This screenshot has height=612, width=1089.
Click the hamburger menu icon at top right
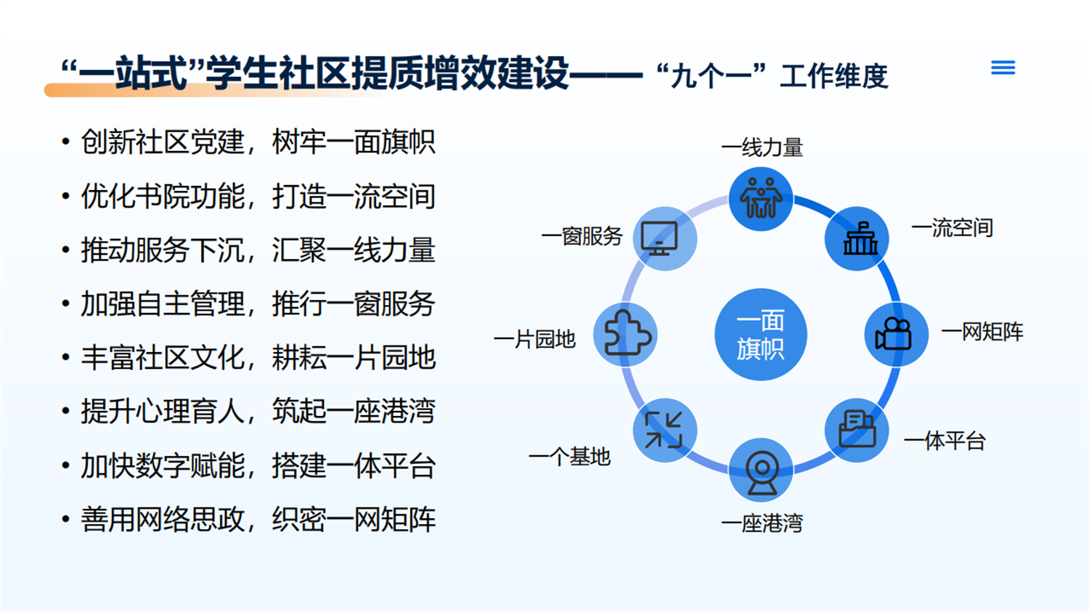[1003, 68]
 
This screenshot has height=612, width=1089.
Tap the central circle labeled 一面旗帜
[760, 335]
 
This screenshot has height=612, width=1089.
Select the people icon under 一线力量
[760, 198]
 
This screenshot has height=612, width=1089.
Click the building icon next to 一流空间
[857, 239]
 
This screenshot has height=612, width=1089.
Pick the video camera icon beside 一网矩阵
[895, 335]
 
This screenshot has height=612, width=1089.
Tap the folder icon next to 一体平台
[857, 430]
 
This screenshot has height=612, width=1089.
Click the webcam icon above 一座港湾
[761, 470]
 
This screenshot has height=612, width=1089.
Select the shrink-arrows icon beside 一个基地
[664, 430]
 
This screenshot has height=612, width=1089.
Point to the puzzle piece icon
[626, 334]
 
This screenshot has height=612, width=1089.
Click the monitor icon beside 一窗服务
[664, 238]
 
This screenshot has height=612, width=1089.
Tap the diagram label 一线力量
[762, 147]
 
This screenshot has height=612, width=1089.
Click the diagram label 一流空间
[952, 228]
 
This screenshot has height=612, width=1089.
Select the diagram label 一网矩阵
[982, 332]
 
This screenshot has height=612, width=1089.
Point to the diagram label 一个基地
[569, 457]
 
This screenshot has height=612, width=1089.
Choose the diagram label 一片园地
[534, 339]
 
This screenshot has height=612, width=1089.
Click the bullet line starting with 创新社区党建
[258, 142]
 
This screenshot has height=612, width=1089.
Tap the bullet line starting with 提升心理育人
[258, 412]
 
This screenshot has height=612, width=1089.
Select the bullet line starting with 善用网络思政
[258, 520]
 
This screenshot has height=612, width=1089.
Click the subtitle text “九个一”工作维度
[771, 76]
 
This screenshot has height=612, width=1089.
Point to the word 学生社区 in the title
[277, 74]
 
